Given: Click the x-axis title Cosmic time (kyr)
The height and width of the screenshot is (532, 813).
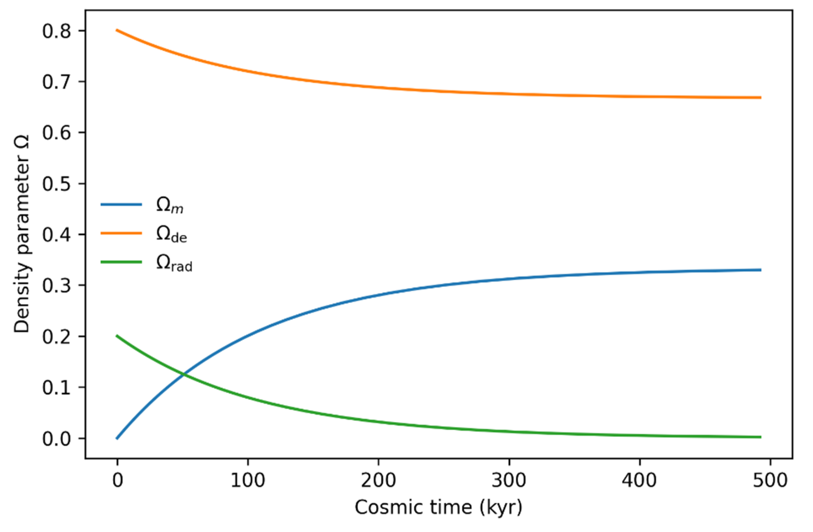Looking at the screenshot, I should (438, 508).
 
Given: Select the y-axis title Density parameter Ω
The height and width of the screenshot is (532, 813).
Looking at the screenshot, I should (22, 234).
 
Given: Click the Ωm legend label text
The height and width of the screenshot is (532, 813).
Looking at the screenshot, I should (170, 206).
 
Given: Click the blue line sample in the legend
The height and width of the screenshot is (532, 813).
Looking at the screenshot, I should (121, 205).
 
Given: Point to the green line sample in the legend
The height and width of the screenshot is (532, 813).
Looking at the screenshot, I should (121, 262).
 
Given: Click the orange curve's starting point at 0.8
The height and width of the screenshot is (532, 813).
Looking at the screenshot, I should (117, 30).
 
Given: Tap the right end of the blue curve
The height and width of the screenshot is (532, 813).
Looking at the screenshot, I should (761, 270).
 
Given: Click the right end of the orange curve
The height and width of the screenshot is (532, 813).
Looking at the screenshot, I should (761, 98).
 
